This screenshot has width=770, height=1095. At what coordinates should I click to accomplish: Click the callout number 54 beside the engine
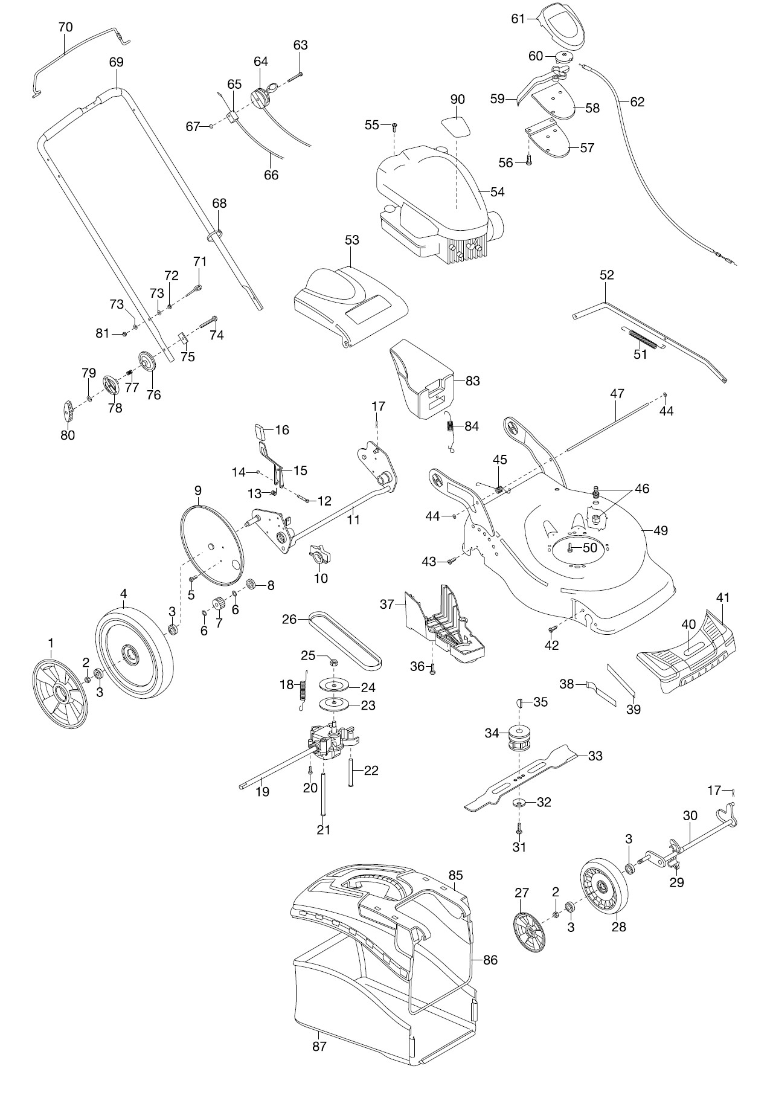tap(497, 192)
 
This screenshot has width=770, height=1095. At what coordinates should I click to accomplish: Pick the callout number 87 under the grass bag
tap(319, 1046)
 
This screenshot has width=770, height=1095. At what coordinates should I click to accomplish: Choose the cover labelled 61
tap(563, 26)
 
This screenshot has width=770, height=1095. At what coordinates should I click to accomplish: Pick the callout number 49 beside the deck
tap(661, 530)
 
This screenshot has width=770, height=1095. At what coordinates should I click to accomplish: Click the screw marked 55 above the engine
tap(394, 127)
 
